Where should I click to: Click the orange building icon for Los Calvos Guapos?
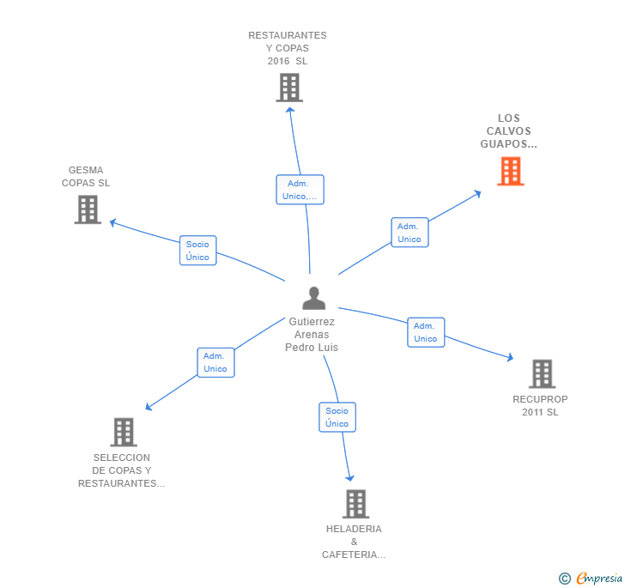pos(511,172)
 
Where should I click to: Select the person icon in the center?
pos(314,298)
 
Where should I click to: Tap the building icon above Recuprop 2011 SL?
pos(542,373)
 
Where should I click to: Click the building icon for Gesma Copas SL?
pos(88,209)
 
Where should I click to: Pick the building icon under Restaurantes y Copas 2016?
pos(289,88)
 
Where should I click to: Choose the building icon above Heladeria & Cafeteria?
pos(355,504)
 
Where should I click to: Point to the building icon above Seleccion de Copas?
pos(124,432)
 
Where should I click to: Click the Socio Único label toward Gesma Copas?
pos(197,251)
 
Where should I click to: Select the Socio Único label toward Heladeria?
pos(337,417)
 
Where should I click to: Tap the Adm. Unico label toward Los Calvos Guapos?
pos(410,233)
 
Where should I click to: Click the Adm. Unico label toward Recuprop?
pos(426,332)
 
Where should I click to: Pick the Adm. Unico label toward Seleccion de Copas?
pos(215,362)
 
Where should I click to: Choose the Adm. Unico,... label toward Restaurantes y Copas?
pos(300,190)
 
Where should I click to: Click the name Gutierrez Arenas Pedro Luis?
pos(312,335)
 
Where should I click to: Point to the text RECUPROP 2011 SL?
pos(540,405)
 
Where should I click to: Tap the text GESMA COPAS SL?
pos(86,176)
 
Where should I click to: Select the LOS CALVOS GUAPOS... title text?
pos(509,131)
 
